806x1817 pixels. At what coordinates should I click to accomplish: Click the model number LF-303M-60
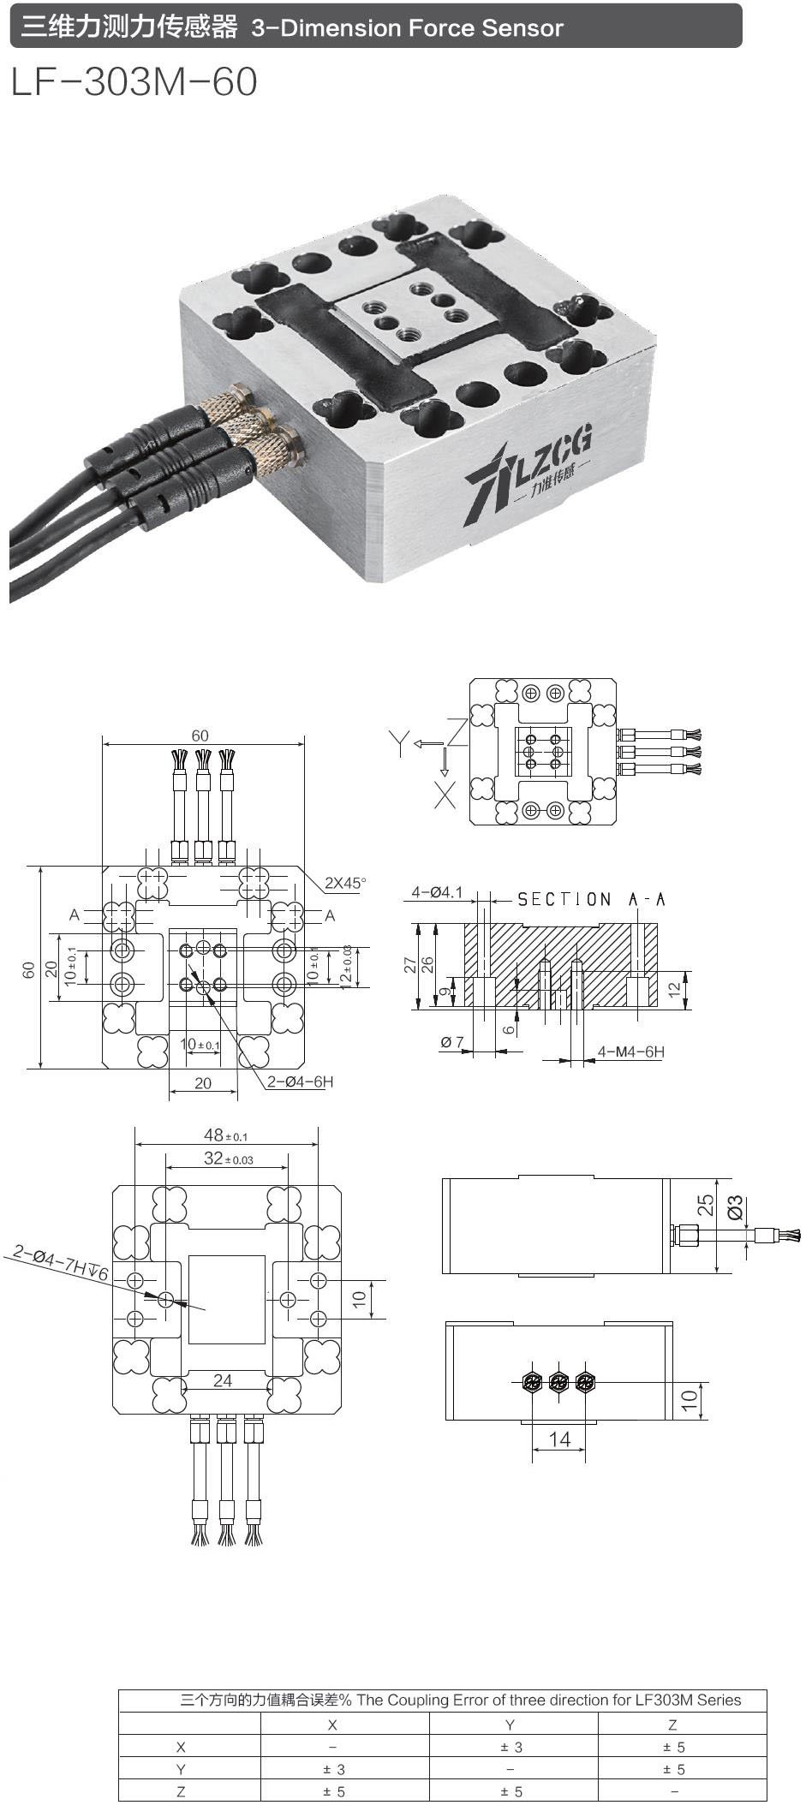(134, 82)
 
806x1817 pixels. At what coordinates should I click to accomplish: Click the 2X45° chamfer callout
(344, 883)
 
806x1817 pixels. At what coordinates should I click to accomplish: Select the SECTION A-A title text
(591, 899)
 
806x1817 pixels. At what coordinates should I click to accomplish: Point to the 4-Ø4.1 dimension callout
(437, 892)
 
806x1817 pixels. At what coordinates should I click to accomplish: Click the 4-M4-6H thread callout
(631, 1051)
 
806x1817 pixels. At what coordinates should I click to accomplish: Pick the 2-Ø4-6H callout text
(300, 1081)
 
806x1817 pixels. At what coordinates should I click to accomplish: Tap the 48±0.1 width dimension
(225, 1135)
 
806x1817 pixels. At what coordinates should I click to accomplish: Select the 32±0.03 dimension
(228, 1159)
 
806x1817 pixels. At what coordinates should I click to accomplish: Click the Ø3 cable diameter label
(735, 1207)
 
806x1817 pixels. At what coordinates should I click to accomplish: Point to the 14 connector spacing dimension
(558, 1439)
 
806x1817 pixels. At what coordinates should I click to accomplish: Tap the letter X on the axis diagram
(445, 795)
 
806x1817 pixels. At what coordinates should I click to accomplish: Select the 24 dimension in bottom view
(223, 1380)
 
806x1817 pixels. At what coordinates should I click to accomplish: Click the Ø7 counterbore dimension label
(452, 1042)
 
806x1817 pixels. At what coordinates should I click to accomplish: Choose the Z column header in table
(672, 1725)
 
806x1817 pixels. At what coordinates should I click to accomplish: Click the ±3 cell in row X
(511, 1748)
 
